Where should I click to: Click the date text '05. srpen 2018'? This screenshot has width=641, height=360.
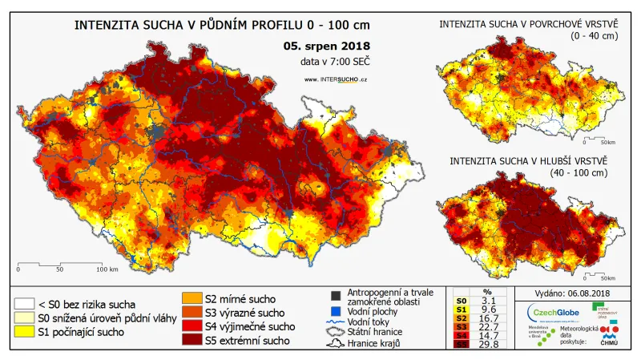coord(325,46)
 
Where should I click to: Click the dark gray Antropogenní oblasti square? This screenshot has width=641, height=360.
coord(336,295)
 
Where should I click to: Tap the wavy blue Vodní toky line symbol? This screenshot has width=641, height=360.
coord(336,321)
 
